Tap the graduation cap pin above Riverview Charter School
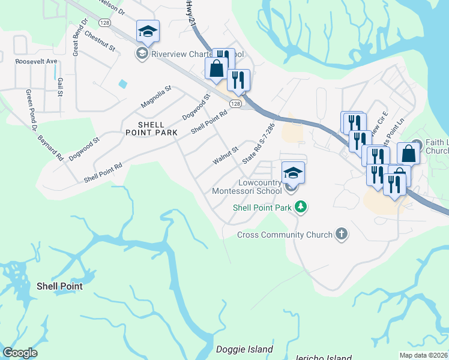pos(148,31)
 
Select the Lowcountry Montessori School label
pos(247,187)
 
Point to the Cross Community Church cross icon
pos(342,234)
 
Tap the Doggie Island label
pos(244,349)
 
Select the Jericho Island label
pos(323,358)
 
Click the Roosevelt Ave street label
pos(36,61)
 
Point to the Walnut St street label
pos(226,156)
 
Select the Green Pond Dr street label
pos(31,107)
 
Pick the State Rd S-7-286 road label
pos(258,144)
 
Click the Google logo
pos(19,353)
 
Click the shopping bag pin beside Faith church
pos(408,154)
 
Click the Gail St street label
pos(60,88)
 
